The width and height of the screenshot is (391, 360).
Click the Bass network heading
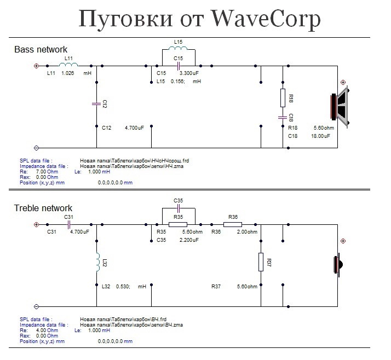[41, 50]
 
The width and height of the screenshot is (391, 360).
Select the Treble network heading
[43, 208]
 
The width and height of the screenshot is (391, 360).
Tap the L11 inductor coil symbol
[68, 65]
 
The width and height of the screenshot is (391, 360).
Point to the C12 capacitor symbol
[96, 102]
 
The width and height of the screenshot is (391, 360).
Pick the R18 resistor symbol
[283, 98]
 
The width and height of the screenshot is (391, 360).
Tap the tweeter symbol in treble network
[338, 264]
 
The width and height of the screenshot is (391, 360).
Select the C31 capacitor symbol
[69, 224]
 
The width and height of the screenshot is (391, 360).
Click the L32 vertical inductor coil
[97, 262]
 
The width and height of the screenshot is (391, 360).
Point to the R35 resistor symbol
[178, 224]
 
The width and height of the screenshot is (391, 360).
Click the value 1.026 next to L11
[68, 73]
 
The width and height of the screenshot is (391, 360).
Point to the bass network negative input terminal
[36, 148]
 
